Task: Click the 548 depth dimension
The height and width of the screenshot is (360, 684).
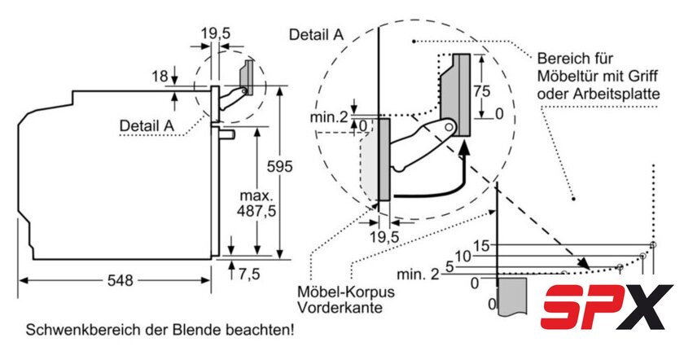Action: (x=120, y=280)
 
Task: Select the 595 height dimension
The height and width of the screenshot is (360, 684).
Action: (x=280, y=166)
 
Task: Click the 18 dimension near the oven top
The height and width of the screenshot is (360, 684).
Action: (x=160, y=76)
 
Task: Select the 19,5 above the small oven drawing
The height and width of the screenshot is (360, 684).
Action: (x=215, y=33)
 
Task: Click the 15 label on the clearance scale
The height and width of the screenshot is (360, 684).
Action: (x=481, y=245)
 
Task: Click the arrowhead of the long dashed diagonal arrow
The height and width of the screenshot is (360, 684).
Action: (x=585, y=264)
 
